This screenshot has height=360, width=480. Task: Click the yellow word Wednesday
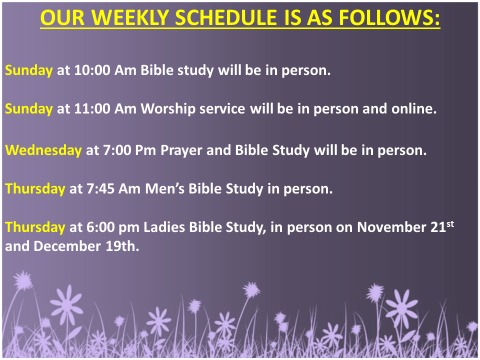point(43,151)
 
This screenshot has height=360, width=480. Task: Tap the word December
point(73,245)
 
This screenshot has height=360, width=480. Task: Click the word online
point(411,109)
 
